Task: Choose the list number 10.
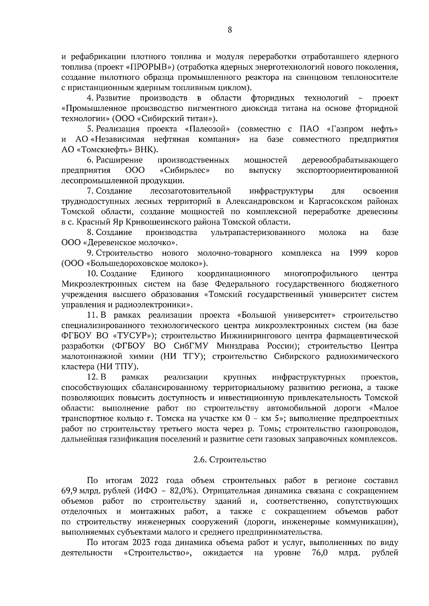tap(92, 274)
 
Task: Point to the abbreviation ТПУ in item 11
tap(130, 367)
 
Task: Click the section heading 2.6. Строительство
tap(230, 460)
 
